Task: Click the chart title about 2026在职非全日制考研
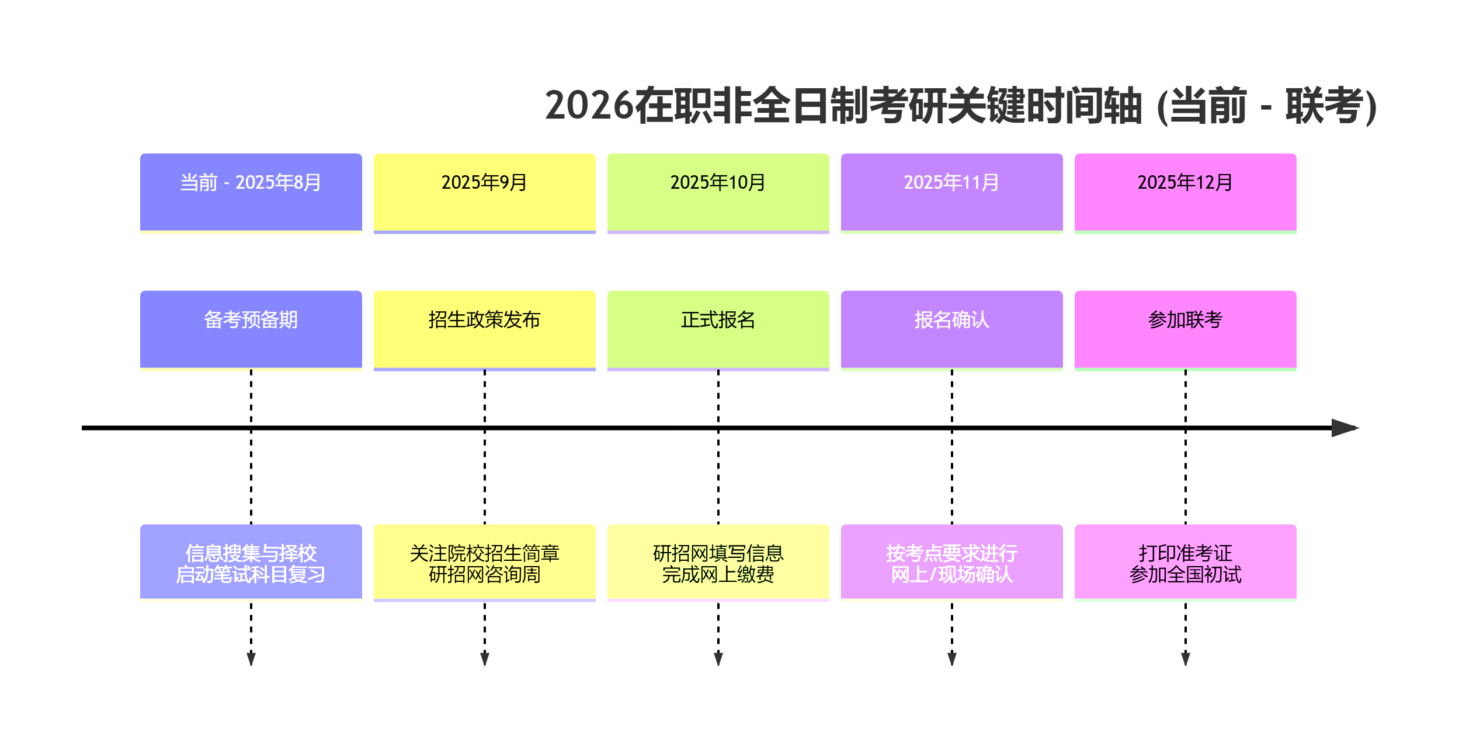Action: (960, 106)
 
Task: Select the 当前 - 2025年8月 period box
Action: (251, 192)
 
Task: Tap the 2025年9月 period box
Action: (484, 192)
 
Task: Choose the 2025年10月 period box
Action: (718, 192)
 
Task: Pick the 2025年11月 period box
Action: (951, 192)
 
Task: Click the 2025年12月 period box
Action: (1185, 192)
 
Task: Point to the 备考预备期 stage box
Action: (251, 329)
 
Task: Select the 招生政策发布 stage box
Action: (484, 329)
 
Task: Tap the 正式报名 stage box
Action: (718, 329)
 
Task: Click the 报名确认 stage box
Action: (951, 329)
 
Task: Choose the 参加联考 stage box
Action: (1185, 329)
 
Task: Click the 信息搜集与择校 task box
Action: (251, 562)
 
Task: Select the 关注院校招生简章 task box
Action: (484, 562)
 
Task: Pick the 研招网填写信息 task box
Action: (718, 562)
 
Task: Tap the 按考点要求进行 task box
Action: (951, 562)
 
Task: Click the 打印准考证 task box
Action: (1185, 562)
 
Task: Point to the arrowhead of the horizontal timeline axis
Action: (1345, 428)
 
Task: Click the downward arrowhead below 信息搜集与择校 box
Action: (251, 659)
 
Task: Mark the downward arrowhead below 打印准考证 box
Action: (1186, 659)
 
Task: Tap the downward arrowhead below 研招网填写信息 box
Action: (718, 659)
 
